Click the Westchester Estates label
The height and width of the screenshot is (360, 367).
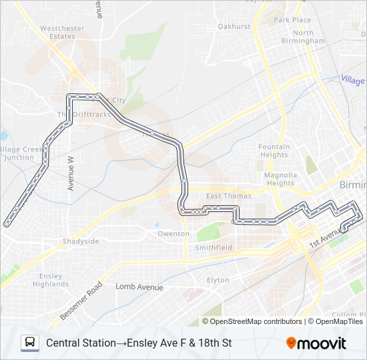point(62,33)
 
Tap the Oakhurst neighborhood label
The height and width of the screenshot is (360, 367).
point(234,26)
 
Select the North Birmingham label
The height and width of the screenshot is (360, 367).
point(303,37)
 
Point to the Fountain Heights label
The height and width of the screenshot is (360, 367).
point(274,151)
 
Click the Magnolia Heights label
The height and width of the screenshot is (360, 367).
point(280,179)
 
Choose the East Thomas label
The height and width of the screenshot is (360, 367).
point(229,196)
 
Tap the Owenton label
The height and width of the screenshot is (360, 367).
point(173,234)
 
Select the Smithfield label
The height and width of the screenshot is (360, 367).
point(214,247)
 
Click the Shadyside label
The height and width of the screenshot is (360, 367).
point(81,241)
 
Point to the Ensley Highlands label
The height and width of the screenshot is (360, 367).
point(51,280)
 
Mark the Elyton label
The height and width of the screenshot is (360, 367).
point(218,280)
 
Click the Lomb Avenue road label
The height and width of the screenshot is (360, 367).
point(139,287)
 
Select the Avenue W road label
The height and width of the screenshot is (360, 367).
point(71,173)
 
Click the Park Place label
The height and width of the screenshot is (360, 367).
point(292,20)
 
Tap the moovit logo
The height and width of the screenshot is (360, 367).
point(316,343)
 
